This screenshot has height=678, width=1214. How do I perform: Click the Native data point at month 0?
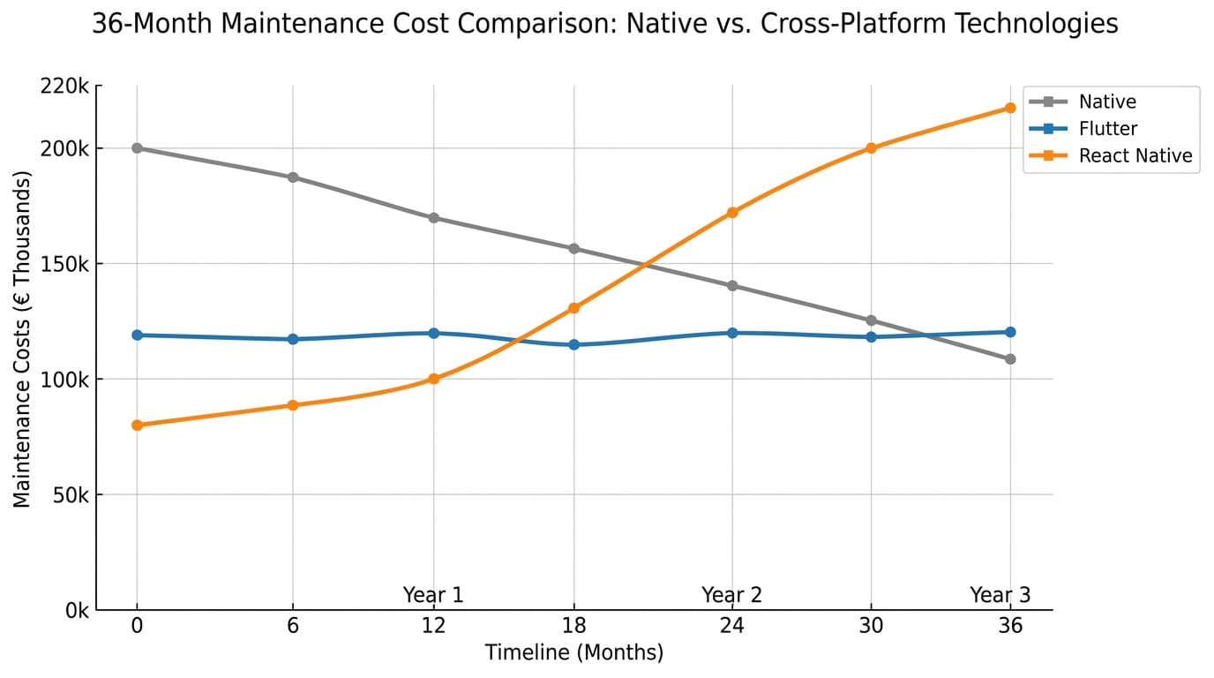click(x=137, y=148)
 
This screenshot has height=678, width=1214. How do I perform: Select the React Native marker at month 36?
click(x=1010, y=108)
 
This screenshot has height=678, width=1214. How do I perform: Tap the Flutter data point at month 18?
click(x=574, y=344)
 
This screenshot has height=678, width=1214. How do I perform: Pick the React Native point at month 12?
click(x=433, y=379)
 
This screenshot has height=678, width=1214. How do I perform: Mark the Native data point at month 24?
click(x=732, y=286)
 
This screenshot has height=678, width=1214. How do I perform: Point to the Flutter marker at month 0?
click(x=137, y=335)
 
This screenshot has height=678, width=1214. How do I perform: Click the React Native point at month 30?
click(x=872, y=148)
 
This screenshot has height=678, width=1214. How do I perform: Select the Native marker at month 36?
click(x=1010, y=359)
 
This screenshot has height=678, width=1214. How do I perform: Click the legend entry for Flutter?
click(x=1107, y=129)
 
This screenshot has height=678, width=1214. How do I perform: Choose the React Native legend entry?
click(x=1135, y=156)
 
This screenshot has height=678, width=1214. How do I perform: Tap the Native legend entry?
click(x=1106, y=102)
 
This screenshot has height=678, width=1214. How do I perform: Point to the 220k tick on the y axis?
click(x=64, y=87)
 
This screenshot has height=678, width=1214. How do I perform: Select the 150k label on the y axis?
click(x=64, y=264)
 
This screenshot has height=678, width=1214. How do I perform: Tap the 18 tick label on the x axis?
click(x=574, y=626)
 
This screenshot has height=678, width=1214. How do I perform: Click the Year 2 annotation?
click(x=731, y=595)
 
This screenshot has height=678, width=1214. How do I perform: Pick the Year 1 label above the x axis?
click(x=433, y=595)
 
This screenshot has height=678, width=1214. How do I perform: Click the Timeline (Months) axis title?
click(x=573, y=653)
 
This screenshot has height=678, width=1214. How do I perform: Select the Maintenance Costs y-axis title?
click(x=22, y=340)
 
